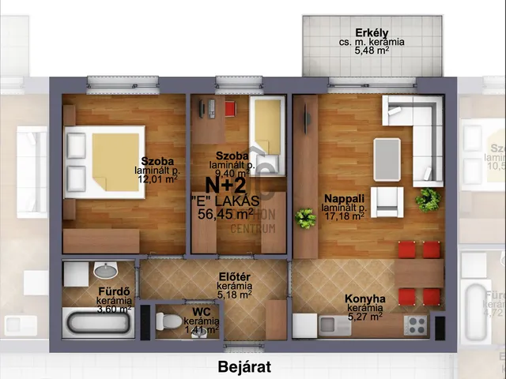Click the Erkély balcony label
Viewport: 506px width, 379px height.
pos(371,32)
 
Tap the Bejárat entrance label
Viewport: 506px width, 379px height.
pos(244,366)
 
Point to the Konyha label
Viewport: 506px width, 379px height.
pos(364,299)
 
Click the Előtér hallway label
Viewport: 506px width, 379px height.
pos(235,277)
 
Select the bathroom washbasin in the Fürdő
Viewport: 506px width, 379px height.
pos(104,272)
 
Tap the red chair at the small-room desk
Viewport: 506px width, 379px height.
pos(230,108)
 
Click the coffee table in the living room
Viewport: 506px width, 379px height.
pos(387,152)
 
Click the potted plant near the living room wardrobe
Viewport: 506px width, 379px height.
pos(305,218)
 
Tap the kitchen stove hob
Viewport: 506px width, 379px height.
pos(416,323)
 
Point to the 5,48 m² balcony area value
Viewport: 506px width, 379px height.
pos(371,51)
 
